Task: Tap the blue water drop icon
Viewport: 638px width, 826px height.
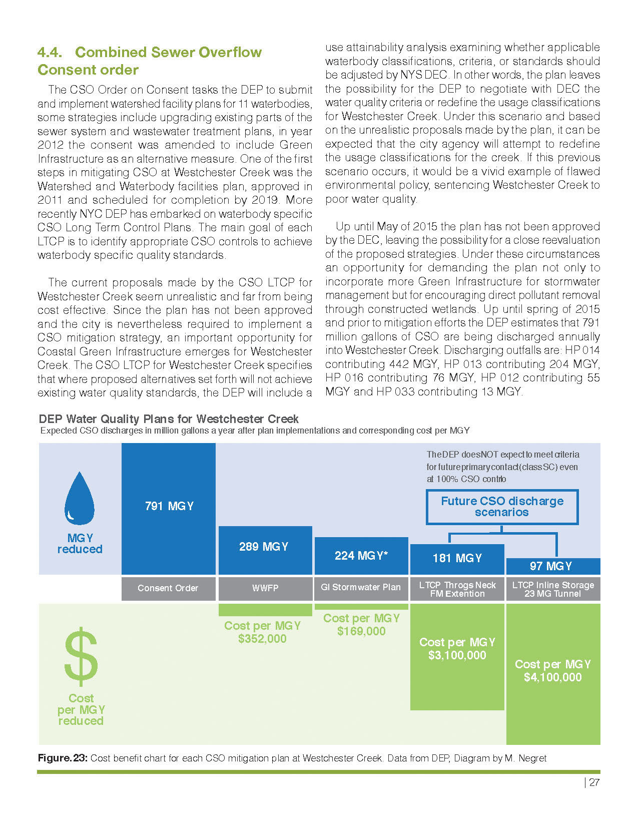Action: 80,499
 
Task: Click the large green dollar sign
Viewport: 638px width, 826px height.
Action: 81,659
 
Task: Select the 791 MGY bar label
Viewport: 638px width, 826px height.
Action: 169,506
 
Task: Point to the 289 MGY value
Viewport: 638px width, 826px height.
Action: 264,547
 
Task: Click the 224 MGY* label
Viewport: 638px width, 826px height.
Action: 361,556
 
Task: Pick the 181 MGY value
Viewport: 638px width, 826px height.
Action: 457,558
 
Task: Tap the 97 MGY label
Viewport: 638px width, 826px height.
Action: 551,566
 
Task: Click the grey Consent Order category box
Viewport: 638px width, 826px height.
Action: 168,588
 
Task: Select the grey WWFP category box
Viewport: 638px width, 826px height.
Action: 265,588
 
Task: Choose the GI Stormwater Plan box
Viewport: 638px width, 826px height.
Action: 361,588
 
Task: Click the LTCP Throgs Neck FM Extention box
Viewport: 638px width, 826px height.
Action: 457,589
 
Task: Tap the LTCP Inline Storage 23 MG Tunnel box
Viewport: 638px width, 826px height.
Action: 553,589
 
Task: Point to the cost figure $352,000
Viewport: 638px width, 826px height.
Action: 262,639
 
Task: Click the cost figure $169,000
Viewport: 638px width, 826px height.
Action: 361,631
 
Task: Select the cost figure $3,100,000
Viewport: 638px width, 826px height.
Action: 457,655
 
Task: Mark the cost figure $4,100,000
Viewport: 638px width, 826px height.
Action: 553,677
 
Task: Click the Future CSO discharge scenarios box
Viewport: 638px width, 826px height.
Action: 502,507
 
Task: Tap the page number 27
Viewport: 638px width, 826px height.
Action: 594,783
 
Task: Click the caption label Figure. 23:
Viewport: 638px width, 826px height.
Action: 63,758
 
